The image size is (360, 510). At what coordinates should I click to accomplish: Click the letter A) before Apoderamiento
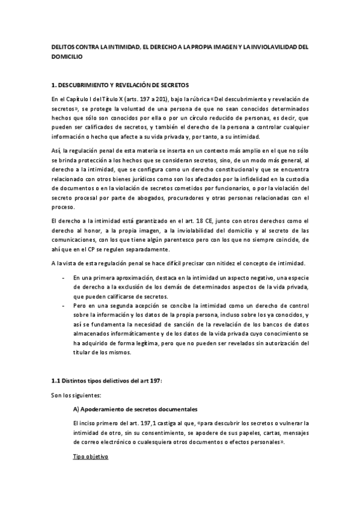76,409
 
